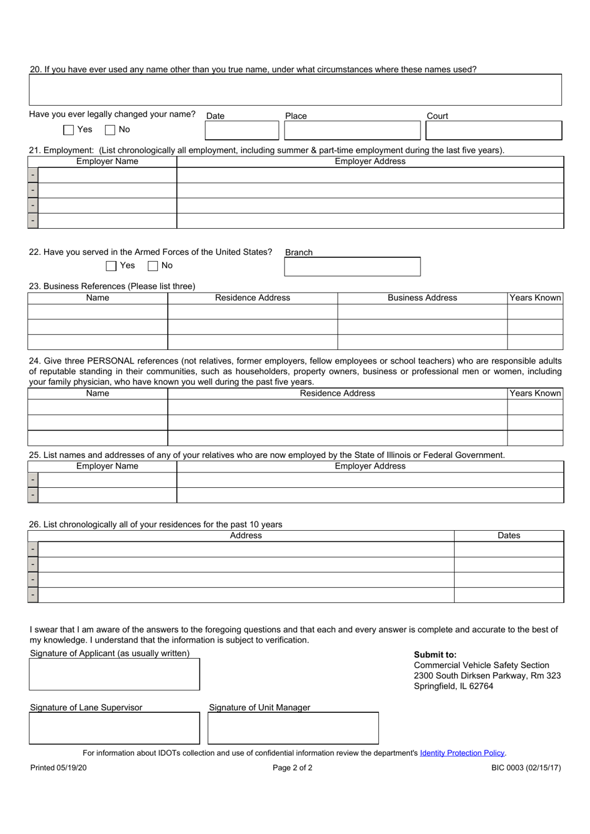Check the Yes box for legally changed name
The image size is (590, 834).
point(69,130)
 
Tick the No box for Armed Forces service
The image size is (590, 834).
point(153,266)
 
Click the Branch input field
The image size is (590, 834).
point(352,267)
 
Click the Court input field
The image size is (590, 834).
point(493,131)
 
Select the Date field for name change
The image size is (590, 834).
point(242,131)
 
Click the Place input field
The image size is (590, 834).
point(352,131)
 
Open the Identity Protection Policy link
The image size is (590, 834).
point(462,753)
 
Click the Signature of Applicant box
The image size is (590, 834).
point(114,674)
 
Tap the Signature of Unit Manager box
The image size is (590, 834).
point(293,728)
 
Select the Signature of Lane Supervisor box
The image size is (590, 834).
point(114,728)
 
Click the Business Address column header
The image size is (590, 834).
point(422,298)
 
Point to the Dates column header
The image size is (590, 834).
point(509,536)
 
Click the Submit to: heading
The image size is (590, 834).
point(435,654)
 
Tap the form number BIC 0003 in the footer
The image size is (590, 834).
point(525,768)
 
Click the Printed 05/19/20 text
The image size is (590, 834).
point(58,768)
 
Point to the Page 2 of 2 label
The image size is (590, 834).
point(293,768)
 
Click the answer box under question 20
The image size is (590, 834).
point(295,90)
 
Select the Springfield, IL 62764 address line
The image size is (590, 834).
point(453,687)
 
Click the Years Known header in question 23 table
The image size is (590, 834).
point(535,298)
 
